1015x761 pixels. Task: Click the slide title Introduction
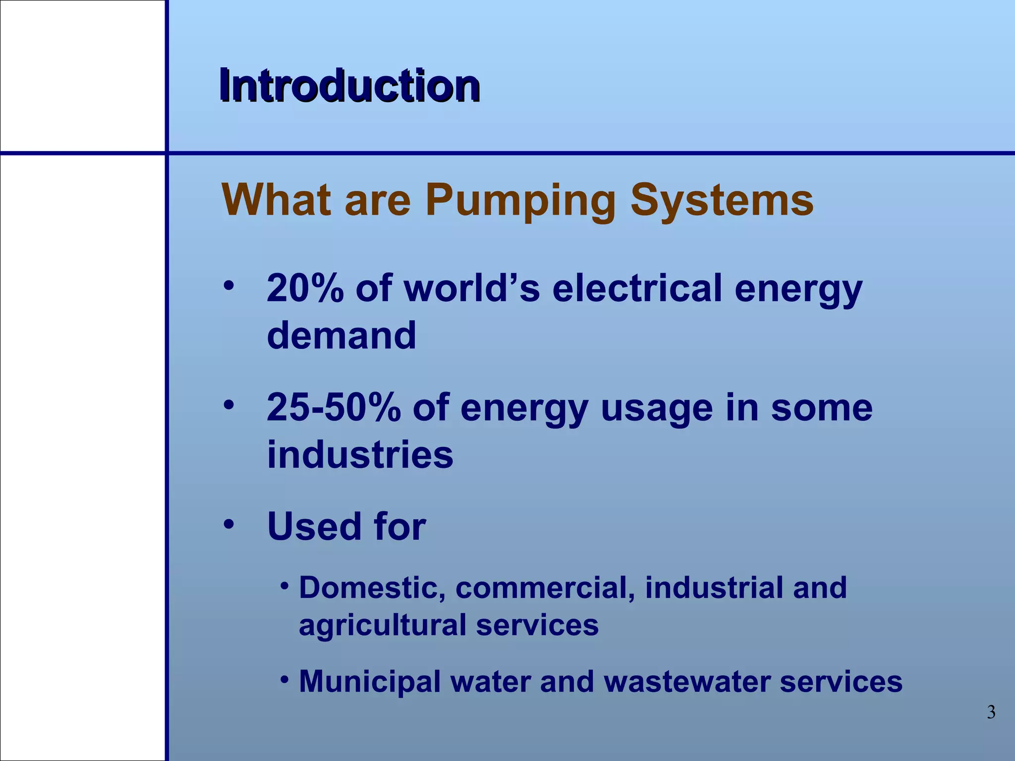[x=349, y=86]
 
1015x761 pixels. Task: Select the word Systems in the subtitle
[x=722, y=201]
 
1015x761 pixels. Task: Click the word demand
[x=341, y=335]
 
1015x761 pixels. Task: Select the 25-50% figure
[x=334, y=407]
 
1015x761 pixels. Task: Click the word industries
[x=360, y=454]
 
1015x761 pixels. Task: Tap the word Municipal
[x=370, y=682]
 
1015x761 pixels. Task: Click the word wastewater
[x=686, y=682]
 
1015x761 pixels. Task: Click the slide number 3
[x=991, y=712]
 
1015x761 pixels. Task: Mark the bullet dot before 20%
[x=228, y=286]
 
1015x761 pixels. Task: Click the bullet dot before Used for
[x=228, y=524]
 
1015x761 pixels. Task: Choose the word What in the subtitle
[x=276, y=200]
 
